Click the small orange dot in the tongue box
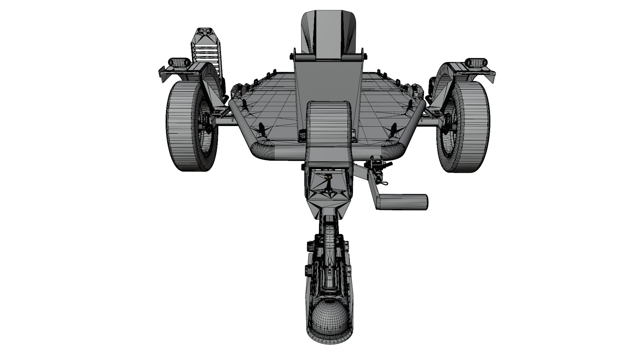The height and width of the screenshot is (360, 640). pos(325,176)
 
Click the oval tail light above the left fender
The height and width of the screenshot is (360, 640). pos(179,62)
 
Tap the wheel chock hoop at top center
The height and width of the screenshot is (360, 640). pos(328,30)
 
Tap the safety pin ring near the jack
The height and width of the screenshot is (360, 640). pos(384,183)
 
